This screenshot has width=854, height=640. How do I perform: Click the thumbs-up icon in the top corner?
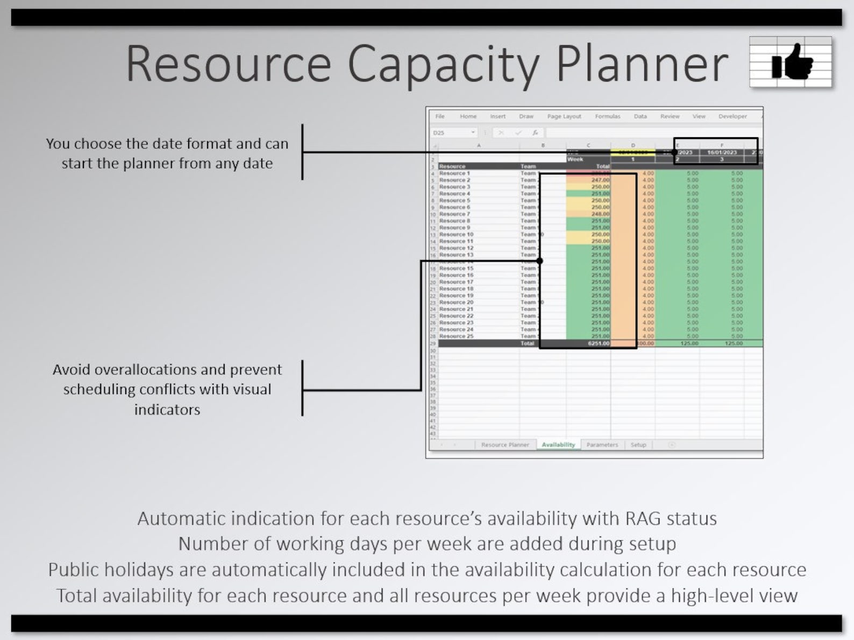point(791,62)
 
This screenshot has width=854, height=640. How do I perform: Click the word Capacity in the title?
point(443,64)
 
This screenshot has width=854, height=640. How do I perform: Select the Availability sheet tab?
point(558,445)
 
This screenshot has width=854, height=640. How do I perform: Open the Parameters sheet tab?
point(602,445)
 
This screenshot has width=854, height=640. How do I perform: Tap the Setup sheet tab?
point(638,445)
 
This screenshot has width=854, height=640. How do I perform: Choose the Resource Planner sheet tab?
point(504,445)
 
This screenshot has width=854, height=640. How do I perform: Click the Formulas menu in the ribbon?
point(607,116)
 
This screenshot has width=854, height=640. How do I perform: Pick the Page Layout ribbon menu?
point(564,116)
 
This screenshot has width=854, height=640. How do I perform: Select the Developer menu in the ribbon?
point(732,116)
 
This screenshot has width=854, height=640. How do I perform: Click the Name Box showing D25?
point(452,132)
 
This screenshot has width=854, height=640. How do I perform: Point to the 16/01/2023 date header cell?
point(722,152)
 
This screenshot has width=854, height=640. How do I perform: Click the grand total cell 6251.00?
point(599,343)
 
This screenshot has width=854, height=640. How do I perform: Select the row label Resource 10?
point(456,235)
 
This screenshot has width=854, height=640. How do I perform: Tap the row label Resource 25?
point(456,336)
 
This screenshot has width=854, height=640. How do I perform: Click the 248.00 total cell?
point(600,214)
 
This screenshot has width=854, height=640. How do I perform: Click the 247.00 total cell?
point(600,180)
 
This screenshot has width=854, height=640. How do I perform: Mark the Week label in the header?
point(575,159)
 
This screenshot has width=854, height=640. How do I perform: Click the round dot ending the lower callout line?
point(539,261)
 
